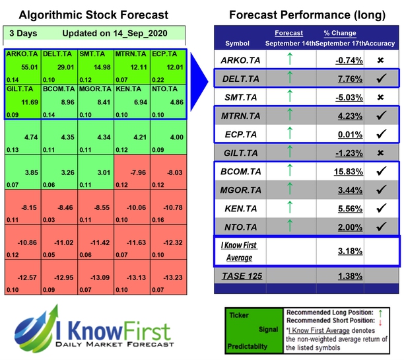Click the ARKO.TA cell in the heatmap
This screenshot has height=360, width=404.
22,66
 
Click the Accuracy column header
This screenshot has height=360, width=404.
382,43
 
